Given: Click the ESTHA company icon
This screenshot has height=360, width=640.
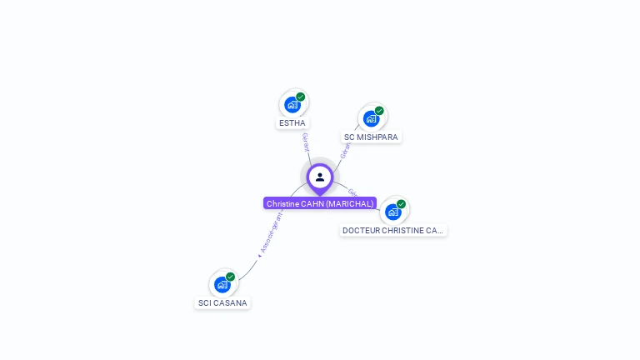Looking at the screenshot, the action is [292, 105].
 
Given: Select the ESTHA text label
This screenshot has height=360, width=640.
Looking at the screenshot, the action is [292, 123].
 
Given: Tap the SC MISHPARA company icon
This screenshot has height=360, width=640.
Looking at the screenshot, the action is [372, 118].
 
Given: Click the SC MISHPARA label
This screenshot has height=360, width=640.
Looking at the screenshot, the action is [371, 137].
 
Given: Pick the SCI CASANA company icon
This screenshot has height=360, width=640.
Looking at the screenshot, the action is [222, 284].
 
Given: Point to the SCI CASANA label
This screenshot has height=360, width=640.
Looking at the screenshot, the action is [222, 303].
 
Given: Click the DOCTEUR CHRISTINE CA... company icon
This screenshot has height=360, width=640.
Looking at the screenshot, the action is [393, 212].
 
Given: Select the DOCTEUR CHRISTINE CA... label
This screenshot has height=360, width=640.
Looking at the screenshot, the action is [392, 230].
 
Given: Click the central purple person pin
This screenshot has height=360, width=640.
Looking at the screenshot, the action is [320, 177].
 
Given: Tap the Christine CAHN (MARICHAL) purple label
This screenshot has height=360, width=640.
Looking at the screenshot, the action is [320, 203].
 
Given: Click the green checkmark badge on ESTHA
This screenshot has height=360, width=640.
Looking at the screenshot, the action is [301, 97].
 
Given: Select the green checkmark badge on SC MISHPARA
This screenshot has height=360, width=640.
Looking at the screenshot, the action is [379, 111].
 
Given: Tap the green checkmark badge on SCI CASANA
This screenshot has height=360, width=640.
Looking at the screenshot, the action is [230, 277].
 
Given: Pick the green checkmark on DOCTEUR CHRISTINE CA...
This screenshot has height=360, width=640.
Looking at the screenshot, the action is [401, 204].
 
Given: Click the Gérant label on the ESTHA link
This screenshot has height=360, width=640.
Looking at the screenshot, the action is [306, 142].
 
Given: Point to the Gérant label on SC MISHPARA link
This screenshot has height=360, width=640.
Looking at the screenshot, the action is [344, 149].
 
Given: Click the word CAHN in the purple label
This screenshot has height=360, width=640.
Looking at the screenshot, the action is [312, 203].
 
